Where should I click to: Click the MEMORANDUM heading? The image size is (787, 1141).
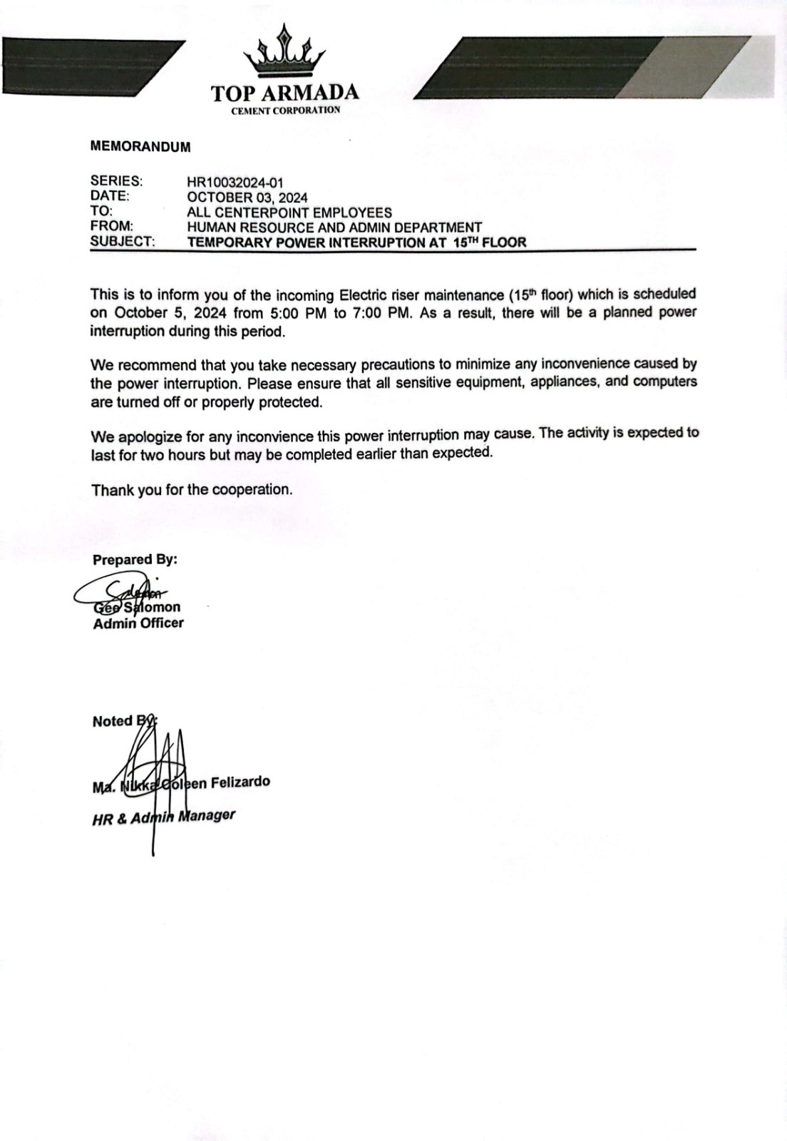[140, 147]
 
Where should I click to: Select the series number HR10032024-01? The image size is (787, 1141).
[235, 183]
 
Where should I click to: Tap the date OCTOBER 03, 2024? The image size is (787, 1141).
[247, 198]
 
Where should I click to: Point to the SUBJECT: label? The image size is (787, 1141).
[122, 242]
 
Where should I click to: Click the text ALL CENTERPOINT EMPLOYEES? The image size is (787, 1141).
[289, 213]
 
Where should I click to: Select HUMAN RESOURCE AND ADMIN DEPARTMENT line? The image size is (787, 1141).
[334, 227]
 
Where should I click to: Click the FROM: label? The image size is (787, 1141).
[113, 227]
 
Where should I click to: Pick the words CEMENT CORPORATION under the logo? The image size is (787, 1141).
[285, 111]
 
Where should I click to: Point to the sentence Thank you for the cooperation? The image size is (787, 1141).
[192, 490]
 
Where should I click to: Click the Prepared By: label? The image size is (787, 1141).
[135, 560]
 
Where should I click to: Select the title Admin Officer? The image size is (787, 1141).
[138, 623]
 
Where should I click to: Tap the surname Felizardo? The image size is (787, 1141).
[240, 782]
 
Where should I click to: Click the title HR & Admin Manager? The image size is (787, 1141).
[163, 818]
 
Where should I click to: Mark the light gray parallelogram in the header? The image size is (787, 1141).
[677, 68]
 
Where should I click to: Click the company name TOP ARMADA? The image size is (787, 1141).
[285, 93]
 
